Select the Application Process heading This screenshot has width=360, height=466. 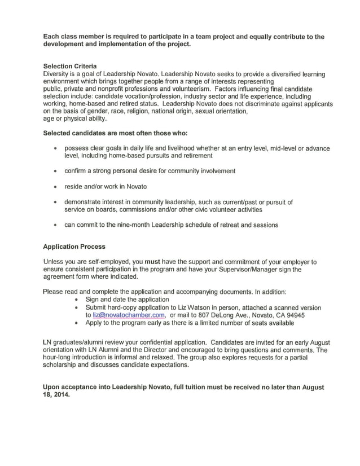[x=74, y=247]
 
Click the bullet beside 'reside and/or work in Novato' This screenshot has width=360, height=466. [x=54, y=186]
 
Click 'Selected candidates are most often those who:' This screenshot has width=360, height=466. [x=115, y=133]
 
